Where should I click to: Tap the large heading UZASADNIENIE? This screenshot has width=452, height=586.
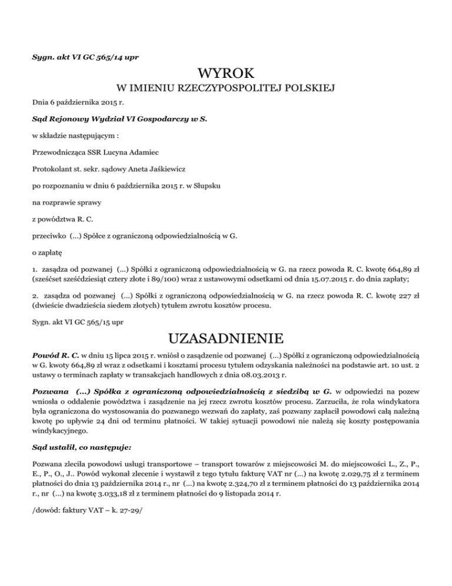click(x=226, y=339)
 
